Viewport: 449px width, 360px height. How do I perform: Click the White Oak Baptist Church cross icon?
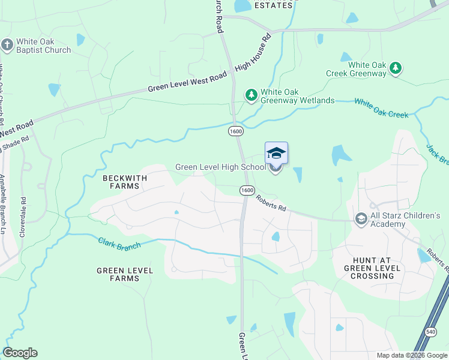coord(7,45)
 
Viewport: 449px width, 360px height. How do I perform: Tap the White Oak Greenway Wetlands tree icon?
coord(251,95)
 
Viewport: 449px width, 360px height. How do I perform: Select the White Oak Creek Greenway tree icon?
coord(396,68)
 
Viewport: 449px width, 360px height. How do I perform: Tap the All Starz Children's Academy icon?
coord(361,219)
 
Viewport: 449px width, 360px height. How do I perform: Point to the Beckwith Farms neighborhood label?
coord(121,182)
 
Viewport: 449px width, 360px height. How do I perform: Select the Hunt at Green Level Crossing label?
coord(370,268)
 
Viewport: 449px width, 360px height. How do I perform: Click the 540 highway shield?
coord(430,331)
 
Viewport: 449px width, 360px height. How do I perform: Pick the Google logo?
coord(20,353)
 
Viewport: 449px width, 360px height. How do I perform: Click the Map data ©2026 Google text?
coord(411,355)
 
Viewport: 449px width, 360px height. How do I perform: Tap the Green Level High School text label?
coord(220,167)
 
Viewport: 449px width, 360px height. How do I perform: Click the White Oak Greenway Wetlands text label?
coord(297,96)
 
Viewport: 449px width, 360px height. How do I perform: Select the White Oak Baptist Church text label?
coord(43,46)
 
